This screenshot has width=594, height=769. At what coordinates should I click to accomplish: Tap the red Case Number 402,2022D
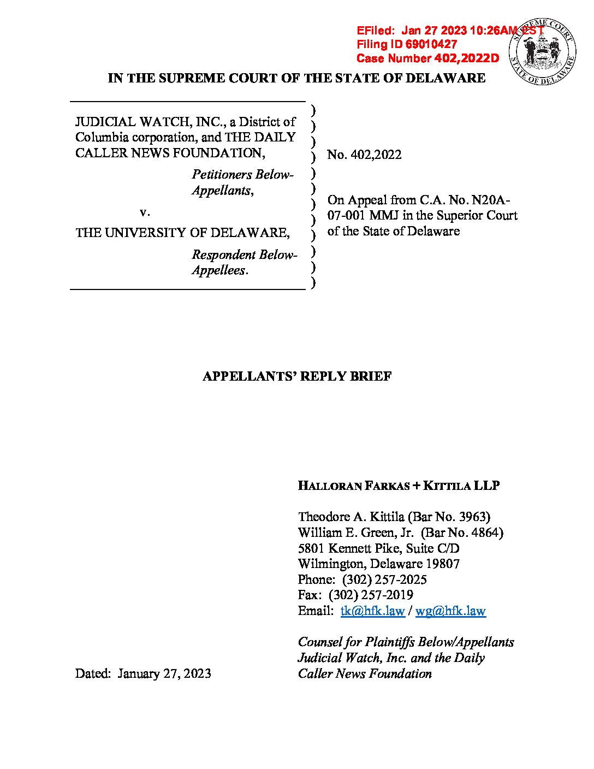[467, 58]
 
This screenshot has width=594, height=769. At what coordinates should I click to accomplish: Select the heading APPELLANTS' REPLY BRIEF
[297, 376]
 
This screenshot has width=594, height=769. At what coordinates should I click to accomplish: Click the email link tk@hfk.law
[372, 611]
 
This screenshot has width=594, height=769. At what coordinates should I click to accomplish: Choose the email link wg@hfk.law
[450, 611]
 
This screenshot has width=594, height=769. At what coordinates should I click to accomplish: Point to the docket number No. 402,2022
[364, 155]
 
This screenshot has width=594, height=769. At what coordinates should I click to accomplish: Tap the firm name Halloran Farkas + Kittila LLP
[399, 486]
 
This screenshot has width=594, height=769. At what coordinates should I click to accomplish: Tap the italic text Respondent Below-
[244, 255]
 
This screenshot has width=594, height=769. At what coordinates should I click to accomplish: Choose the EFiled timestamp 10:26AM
[492, 31]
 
